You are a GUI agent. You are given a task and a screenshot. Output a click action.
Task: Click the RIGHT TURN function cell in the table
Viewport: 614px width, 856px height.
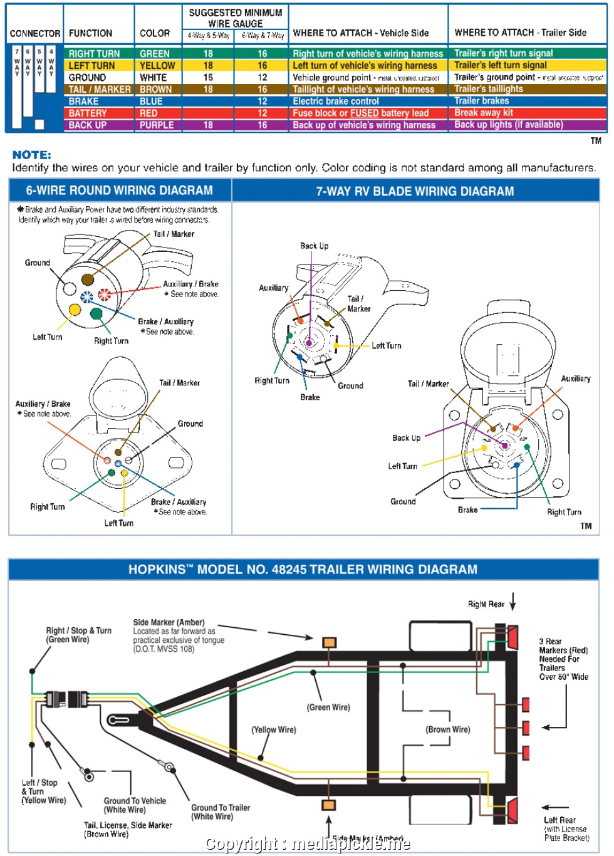pyautogui.click(x=94, y=54)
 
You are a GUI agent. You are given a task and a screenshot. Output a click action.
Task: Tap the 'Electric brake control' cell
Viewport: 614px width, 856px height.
pyautogui.click(x=336, y=102)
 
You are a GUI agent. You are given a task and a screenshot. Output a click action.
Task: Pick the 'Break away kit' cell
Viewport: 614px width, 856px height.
pyautogui.click(x=483, y=113)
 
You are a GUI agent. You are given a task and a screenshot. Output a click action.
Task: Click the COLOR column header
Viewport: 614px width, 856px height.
pyautogui.click(x=155, y=33)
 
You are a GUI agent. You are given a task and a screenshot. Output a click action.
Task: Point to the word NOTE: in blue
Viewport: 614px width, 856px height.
pyautogui.click(x=32, y=155)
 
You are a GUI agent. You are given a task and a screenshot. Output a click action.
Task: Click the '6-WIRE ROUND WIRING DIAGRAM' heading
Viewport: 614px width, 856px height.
pyautogui.click(x=119, y=191)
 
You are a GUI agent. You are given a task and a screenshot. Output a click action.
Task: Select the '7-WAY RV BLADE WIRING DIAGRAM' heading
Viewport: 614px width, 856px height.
pyautogui.click(x=415, y=191)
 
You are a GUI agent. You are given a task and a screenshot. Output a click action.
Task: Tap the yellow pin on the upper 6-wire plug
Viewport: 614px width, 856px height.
pyautogui.click(x=75, y=310)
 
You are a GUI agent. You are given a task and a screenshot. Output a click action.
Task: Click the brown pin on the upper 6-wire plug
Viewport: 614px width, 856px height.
pyautogui.click(x=88, y=279)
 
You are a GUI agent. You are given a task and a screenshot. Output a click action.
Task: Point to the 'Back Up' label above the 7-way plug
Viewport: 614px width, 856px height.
pyautogui.click(x=314, y=246)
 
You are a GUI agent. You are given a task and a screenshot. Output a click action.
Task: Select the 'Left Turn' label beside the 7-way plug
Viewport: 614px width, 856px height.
pyautogui.click(x=386, y=345)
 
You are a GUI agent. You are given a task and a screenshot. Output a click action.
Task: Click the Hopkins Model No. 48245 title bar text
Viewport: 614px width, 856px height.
pyautogui.click(x=303, y=570)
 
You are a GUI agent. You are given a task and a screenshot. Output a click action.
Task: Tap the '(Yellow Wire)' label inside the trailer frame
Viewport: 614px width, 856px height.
pyautogui.click(x=274, y=730)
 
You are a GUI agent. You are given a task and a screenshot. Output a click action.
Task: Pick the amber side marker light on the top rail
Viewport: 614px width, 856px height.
pyautogui.click(x=329, y=642)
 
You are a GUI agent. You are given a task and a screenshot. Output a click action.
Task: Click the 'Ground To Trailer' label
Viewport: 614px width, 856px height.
pyautogui.click(x=221, y=808)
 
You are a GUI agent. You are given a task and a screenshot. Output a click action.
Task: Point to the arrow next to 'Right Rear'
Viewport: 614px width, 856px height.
pyautogui.click(x=513, y=602)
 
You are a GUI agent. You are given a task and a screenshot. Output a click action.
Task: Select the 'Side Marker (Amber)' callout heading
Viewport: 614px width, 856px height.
pyautogui.click(x=169, y=622)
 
